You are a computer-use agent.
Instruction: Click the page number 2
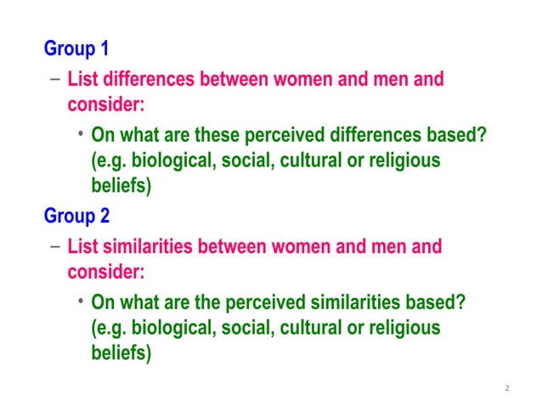click(506, 388)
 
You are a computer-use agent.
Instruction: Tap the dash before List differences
click(54, 80)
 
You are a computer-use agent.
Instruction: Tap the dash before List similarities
click(54, 247)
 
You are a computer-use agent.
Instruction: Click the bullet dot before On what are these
click(78, 134)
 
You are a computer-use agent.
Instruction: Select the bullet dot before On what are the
click(78, 302)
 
